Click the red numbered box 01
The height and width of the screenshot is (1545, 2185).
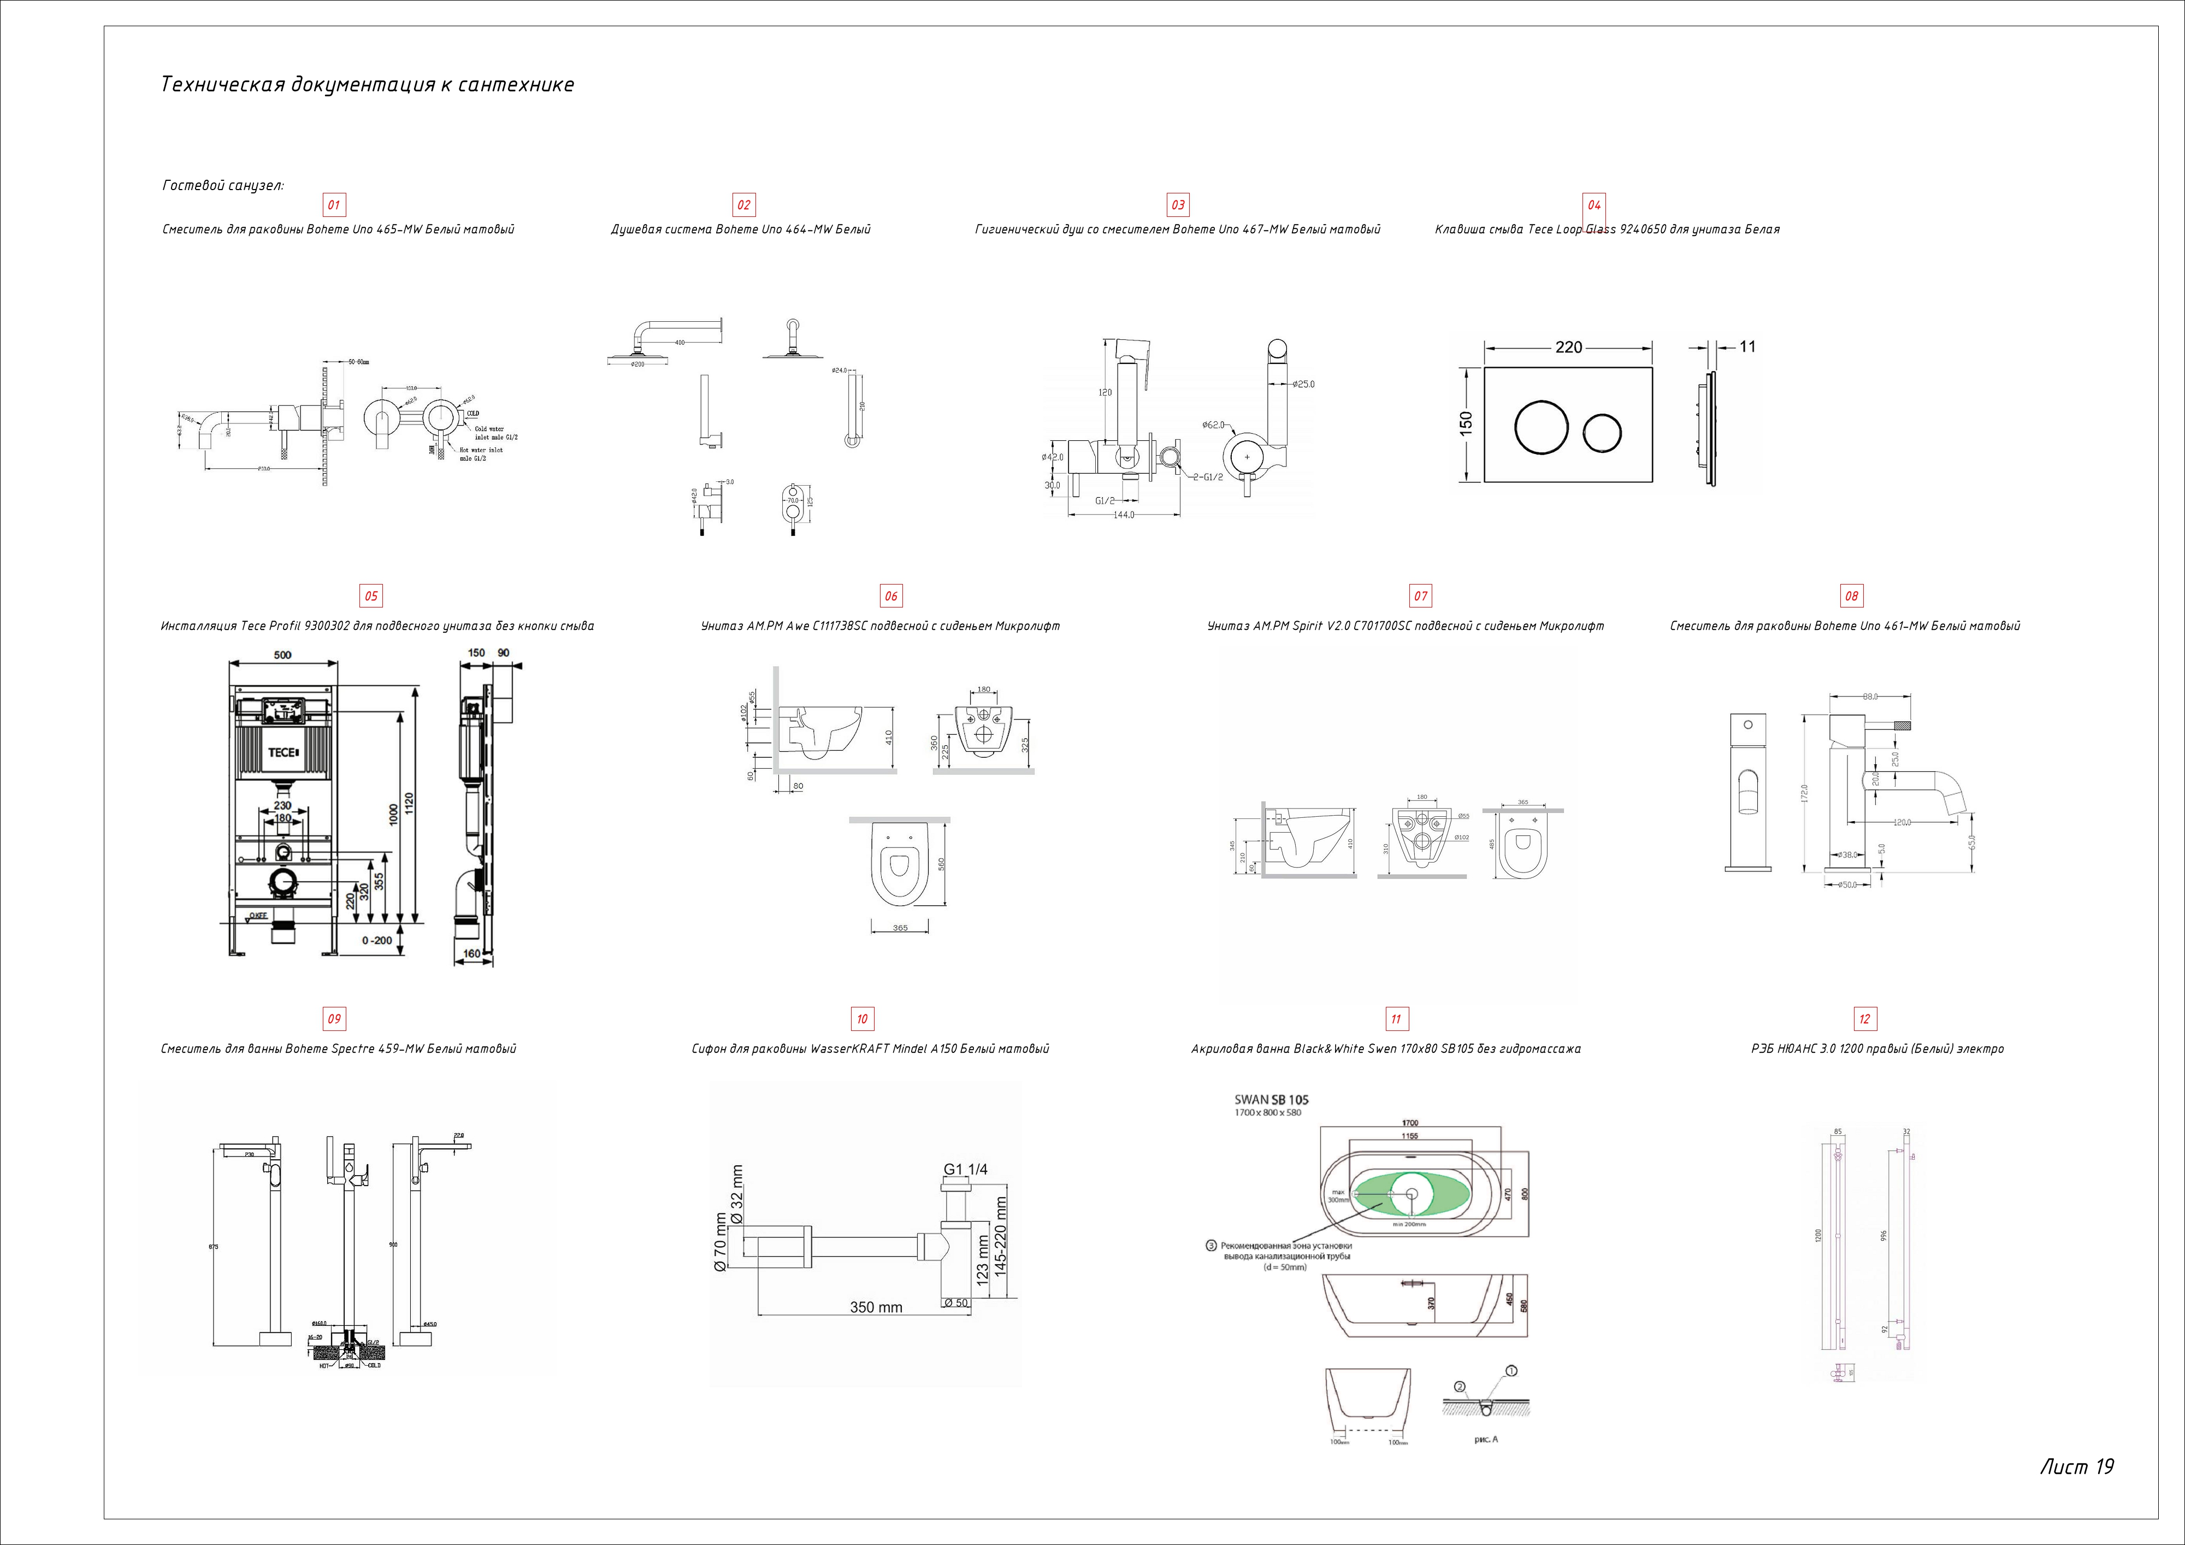click(334, 205)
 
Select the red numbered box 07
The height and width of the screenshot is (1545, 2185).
click(1420, 596)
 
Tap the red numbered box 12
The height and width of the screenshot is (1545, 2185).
click(1864, 1018)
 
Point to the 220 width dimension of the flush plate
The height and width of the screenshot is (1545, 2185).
click(1568, 347)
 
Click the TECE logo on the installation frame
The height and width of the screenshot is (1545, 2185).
click(282, 752)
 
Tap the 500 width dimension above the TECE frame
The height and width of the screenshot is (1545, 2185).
click(282, 655)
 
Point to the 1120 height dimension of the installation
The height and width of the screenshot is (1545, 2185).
click(409, 804)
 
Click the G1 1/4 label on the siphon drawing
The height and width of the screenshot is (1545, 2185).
click(965, 1169)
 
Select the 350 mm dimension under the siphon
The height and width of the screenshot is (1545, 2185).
click(876, 1307)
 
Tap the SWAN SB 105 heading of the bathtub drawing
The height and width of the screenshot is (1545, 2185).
click(1272, 1100)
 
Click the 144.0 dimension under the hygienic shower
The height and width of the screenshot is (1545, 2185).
click(1124, 515)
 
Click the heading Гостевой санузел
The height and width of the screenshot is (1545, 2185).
click(223, 185)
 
